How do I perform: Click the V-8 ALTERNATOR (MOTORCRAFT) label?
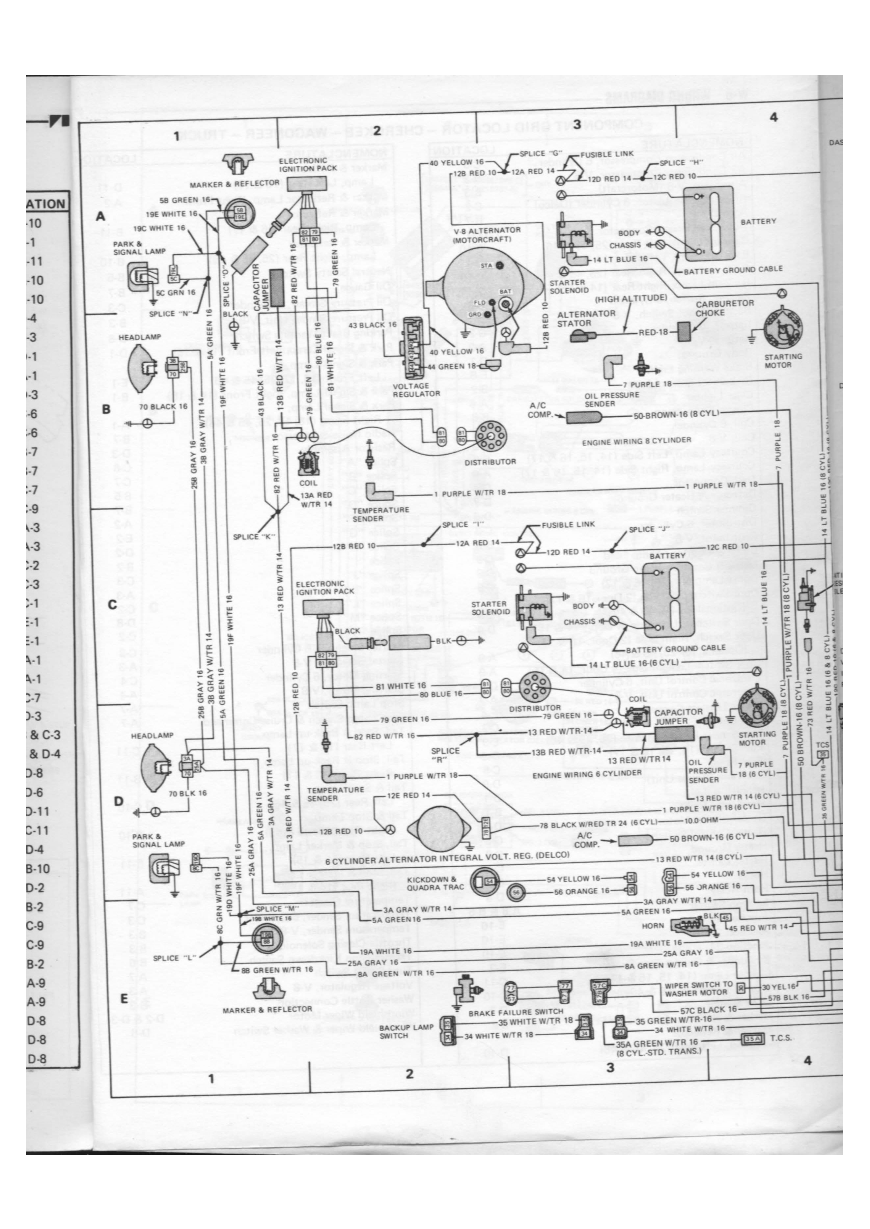coord(487,235)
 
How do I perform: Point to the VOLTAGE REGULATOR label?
coord(416,389)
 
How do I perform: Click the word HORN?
coord(653,926)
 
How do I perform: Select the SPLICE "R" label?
coord(445,755)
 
